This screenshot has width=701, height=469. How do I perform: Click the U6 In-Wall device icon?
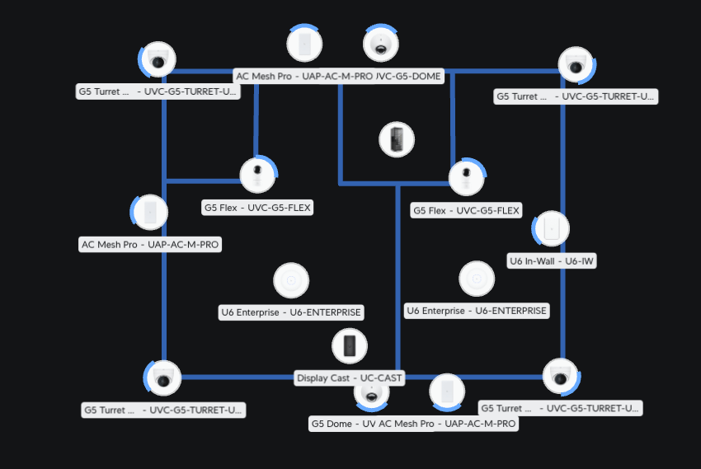pyautogui.click(x=551, y=229)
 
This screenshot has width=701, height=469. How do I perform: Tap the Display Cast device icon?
pyautogui.click(x=349, y=346)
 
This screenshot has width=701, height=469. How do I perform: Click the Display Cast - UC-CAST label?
pyautogui.click(x=350, y=378)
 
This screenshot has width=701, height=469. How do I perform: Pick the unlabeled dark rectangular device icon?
pyautogui.click(x=397, y=139)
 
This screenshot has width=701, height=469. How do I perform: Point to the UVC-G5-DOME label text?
pyautogui.click(x=410, y=77)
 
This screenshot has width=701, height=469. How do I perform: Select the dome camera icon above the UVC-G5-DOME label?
pyautogui.click(x=381, y=45)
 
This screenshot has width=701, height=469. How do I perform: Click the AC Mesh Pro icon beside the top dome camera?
pyautogui.click(x=304, y=43)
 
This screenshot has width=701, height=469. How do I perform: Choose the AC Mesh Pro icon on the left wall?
pyautogui.click(x=149, y=212)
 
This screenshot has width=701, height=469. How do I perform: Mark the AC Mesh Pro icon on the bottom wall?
pyautogui.click(x=447, y=392)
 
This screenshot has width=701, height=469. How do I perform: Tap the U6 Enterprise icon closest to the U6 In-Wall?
pyautogui.click(x=477, y=279)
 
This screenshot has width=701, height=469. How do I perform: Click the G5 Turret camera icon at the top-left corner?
pyautogui.click(x=158, y=59)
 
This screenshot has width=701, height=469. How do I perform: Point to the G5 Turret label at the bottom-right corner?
pyautogui.click(x=560, y=408)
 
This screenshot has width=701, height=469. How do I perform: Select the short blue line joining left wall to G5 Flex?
pyautogui.click(x=202, y=181)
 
